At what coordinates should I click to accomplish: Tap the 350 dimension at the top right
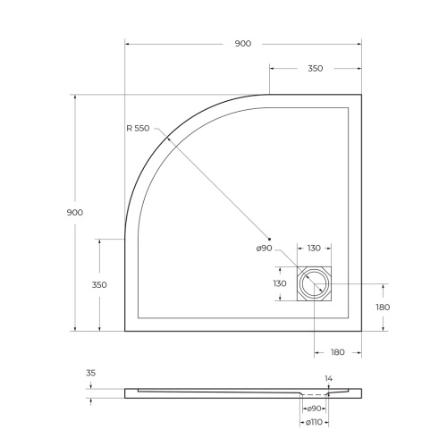315,69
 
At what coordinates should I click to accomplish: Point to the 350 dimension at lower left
99,284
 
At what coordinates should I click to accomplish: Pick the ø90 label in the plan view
264,248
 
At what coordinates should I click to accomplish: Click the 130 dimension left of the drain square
280,283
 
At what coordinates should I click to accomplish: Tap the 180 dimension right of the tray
384,307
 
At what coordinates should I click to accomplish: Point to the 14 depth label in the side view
328,379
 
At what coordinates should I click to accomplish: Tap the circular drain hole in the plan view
316,284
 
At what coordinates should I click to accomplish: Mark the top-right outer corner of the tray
361,94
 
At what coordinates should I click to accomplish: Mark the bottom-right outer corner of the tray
361,331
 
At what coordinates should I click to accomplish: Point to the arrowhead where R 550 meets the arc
163,133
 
